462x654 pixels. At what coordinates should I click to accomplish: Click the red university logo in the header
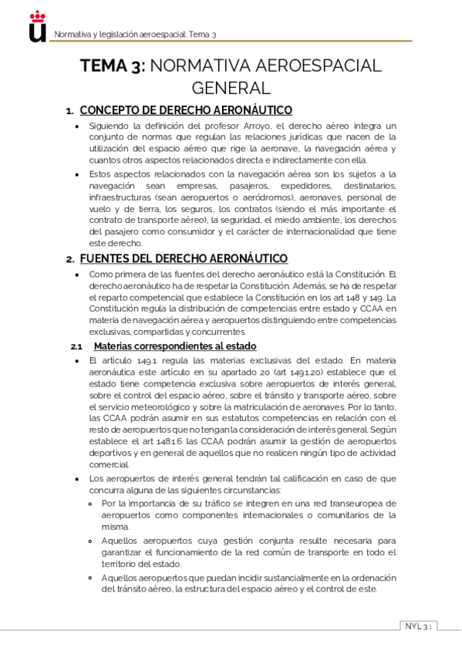coord(35,29)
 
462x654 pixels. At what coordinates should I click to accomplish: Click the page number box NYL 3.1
coord(419,625)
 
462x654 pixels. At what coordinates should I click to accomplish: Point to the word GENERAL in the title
coord(231,88)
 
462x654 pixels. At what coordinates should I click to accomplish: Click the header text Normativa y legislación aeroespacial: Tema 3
coord(133,35)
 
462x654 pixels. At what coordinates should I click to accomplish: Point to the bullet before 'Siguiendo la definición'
coord(76,126)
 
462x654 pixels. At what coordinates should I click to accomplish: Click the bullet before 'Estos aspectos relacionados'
coord(76,174)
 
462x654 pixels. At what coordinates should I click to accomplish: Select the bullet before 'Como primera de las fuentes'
coord(76,274)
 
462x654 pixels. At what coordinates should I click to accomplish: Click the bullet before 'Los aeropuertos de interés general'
coord(76,478)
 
